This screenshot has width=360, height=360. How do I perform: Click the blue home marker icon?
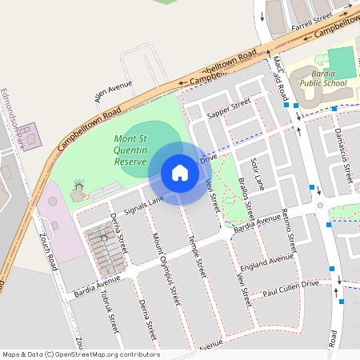(x=180, y=173)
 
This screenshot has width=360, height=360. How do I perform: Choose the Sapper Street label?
(x=229, y=110)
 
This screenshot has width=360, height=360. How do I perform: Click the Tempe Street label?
(x=197, y=254)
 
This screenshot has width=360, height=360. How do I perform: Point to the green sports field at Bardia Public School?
(x=340, y=62)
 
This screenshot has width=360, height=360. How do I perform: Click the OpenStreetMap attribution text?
(x=81, y=354)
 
